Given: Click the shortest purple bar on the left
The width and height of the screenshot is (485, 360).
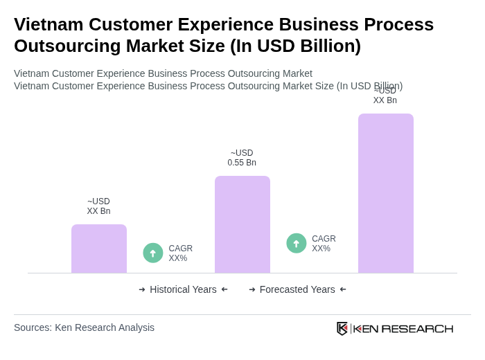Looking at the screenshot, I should click(x=99, y=249).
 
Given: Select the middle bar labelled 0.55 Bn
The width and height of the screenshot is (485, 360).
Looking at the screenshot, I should click(x=242, y=224).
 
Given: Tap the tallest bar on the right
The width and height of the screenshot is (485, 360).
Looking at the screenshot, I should click(x=385, y=193).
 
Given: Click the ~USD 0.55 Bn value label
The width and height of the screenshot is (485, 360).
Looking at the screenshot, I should click(x=242, y=158).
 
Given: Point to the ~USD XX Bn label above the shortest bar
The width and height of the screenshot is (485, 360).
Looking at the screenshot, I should click(x=98, y=206).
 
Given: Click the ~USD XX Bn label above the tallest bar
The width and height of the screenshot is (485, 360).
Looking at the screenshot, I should click(x=385, y=96).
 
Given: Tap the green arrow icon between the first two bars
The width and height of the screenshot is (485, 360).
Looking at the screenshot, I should click(x=153, y=253).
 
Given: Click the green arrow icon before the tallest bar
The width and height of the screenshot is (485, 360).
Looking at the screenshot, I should click(x=297, y=243).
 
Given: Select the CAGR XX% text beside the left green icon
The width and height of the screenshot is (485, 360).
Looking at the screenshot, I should click(x=180, y=253).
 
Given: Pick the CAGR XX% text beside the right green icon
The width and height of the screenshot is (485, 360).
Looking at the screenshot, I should click(x=324, y=244).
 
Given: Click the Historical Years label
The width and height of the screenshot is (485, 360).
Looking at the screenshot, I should click(x=183, y=289).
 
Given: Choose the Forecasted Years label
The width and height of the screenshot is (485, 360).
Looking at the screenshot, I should click(x=297, y=289).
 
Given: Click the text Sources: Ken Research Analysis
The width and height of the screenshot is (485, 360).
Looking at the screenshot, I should click(x=84, y=327).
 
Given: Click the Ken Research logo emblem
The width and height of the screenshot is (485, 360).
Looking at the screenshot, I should click(x=342, y=328).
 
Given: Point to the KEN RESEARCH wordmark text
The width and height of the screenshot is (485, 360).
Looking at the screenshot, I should click(x=403, y=328).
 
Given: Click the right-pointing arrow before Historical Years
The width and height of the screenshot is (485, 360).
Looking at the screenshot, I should click(x=142, y=289).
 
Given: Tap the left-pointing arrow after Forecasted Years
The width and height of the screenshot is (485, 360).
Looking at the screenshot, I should click(x=343, y=289).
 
